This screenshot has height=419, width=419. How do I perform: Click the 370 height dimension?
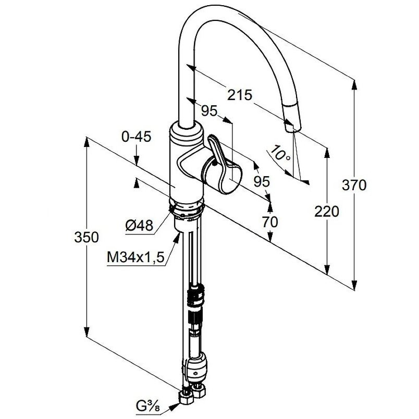click(354, 185)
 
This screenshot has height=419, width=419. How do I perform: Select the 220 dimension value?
click(327, 212)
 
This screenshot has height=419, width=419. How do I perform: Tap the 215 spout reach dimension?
click(240, 95)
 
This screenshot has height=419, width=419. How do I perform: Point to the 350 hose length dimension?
click(87, 237)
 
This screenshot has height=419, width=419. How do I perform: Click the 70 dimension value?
click(270, 222)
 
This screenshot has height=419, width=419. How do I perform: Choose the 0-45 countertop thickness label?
click(137, 137)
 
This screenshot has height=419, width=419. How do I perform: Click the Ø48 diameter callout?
click(140, 226)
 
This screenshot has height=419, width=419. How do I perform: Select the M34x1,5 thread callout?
click(135, 257)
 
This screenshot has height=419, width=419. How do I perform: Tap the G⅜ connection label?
click(148, 406)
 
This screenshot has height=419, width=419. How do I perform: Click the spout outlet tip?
click(292, 128)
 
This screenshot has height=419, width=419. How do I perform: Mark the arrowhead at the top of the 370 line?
click(354, 85)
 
